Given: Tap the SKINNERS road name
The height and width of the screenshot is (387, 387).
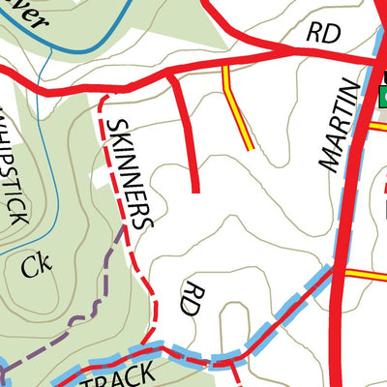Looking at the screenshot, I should (129, 172).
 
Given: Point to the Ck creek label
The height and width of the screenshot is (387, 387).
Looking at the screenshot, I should (36, 264).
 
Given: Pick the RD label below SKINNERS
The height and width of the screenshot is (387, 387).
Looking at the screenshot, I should (194, 301).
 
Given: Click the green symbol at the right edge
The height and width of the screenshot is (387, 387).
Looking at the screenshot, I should (381, 97).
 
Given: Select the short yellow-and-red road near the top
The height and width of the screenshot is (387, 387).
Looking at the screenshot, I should (237, 108).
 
